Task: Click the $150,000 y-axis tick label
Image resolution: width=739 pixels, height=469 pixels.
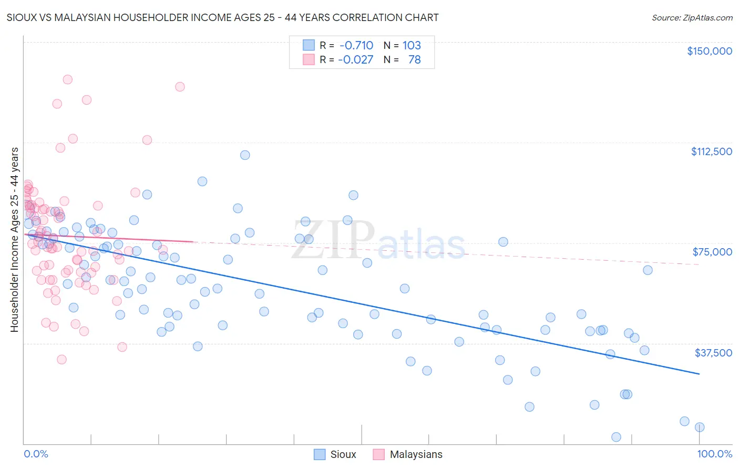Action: (x=709, y=51)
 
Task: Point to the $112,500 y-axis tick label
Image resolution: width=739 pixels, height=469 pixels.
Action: (x=711, y=151)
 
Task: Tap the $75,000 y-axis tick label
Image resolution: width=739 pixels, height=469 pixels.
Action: (x=712, y=252)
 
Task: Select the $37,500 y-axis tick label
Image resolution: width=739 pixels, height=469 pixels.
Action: (x=713, y=353)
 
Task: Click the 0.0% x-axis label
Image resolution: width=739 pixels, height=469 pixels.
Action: (x=36, y=454)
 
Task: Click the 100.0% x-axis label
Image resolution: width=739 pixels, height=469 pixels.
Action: (x=714, y=454)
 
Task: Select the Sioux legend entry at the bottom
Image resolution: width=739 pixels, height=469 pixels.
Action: (x=335, y=454)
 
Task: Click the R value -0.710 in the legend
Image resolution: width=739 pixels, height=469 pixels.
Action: (x=356, y=45)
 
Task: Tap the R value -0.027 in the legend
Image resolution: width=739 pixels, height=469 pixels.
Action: (x=356, y=59)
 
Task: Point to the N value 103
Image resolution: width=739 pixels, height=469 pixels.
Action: (x=412, y=45)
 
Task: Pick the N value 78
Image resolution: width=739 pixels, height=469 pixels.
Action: (x=414, y=59)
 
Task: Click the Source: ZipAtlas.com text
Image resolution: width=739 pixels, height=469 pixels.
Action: (x=692, y=17)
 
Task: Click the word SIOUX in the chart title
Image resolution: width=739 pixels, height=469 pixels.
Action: (x=21, y=17)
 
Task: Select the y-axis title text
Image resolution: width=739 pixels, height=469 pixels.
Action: (x=14, y=240)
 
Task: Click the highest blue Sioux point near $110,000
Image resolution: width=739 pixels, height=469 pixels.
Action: (x=245, y=155)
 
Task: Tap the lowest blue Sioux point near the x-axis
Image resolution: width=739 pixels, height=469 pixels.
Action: (x=616, y=437)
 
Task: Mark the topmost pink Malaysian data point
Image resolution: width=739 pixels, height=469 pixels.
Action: (x=67, y=79)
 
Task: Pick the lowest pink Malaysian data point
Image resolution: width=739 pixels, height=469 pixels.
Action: (x=61, y=360)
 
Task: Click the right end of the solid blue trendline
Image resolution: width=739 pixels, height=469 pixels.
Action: (x=699, y=374)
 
